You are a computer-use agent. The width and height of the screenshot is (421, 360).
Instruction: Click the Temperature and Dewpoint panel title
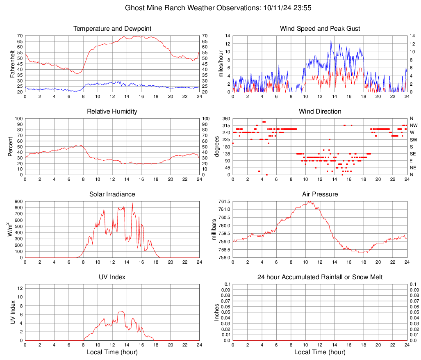(x=112, y=29)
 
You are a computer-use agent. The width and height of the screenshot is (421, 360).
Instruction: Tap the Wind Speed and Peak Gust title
(x=320, y=29)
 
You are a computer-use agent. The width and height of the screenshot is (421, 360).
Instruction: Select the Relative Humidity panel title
(x=112, y=112)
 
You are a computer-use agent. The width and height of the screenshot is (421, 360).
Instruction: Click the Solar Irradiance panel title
(x=112, y=194)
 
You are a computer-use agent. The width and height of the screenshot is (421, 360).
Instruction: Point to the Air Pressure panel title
(x=320, y=194)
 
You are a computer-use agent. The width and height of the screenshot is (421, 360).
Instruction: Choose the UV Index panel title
(x=112, y=277)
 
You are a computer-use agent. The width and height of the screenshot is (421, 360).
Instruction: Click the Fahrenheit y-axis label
(x=13, y=64)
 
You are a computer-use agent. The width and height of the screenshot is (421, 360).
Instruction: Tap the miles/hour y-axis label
(x=221, y=64)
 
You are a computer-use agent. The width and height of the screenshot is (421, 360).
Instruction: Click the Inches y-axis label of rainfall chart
(x=217, y=312)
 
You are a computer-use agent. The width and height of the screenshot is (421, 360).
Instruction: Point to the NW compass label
(x=413, y=125)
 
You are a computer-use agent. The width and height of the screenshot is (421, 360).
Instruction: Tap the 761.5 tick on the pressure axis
(x=224, y=201)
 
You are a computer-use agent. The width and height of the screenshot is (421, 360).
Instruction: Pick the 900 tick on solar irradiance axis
(x=18, y=201)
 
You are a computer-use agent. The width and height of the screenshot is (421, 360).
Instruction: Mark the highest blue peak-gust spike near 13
(x=331, y=40)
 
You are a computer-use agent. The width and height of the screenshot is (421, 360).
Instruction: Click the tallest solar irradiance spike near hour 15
(x=132, y=203)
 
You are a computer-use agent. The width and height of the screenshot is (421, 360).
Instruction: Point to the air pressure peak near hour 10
(x=308, y=201)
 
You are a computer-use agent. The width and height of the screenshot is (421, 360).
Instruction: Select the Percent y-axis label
(x=11, y=146)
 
